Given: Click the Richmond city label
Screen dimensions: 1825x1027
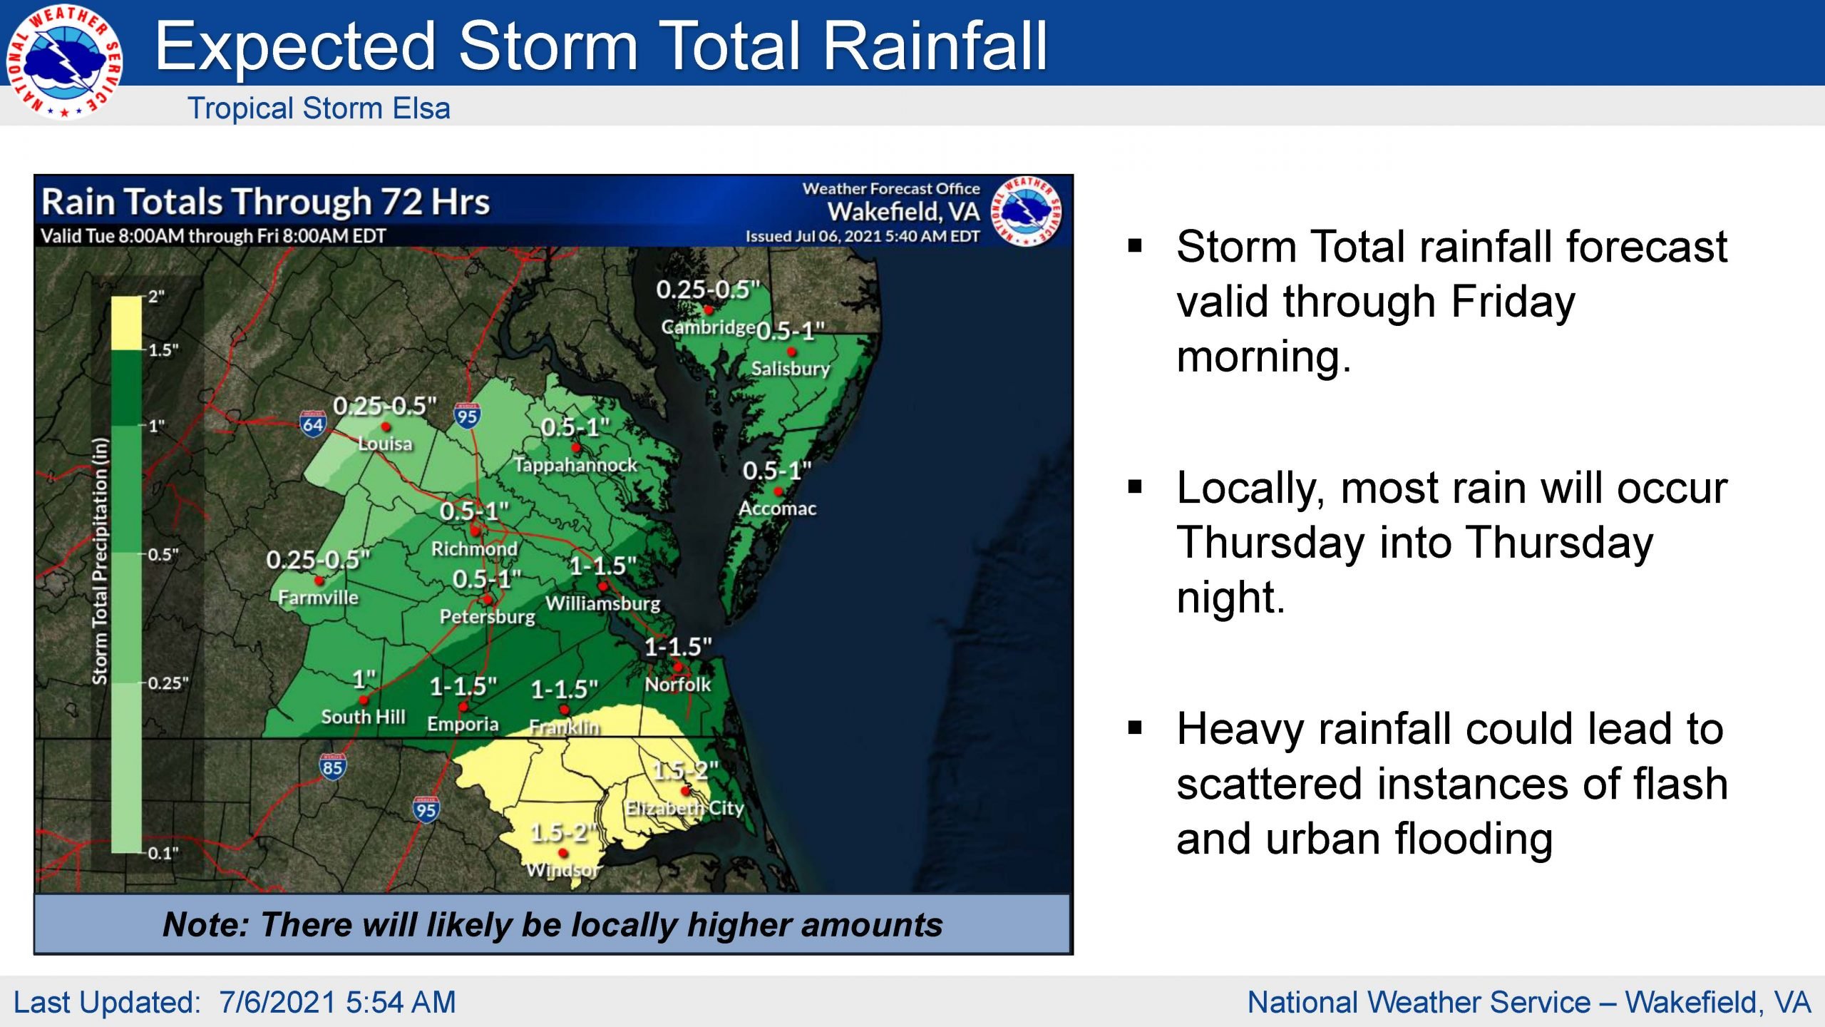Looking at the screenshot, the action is (474, 548).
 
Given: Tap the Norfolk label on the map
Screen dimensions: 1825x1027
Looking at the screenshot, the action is (678, 684).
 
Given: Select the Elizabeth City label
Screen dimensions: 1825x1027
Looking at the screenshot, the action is (684, 808).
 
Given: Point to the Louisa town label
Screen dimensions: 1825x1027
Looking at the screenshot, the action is (385, 444).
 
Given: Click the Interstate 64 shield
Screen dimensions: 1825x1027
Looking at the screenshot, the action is (312, 424).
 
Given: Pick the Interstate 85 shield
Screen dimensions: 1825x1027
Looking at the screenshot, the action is (332, 767).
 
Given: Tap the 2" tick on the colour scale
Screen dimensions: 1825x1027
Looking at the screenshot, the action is (156, 297).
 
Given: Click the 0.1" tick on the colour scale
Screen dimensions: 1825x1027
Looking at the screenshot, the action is (163, 853).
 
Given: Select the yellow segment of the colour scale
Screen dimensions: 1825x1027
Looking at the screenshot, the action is (126, 322).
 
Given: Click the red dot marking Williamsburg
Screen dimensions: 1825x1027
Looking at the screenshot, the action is (602, 586).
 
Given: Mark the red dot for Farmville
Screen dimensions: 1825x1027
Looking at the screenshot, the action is (319, 580).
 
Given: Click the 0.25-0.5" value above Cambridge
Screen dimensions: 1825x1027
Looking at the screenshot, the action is (708, 290).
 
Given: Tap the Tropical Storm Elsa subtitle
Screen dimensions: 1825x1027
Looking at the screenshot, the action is (319, 108).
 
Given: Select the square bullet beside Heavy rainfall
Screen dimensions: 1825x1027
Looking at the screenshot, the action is (1136, 728).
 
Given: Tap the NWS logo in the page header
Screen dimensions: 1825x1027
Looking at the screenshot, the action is (64, 61).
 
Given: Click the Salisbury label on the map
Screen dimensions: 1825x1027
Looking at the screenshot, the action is (791, 369).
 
